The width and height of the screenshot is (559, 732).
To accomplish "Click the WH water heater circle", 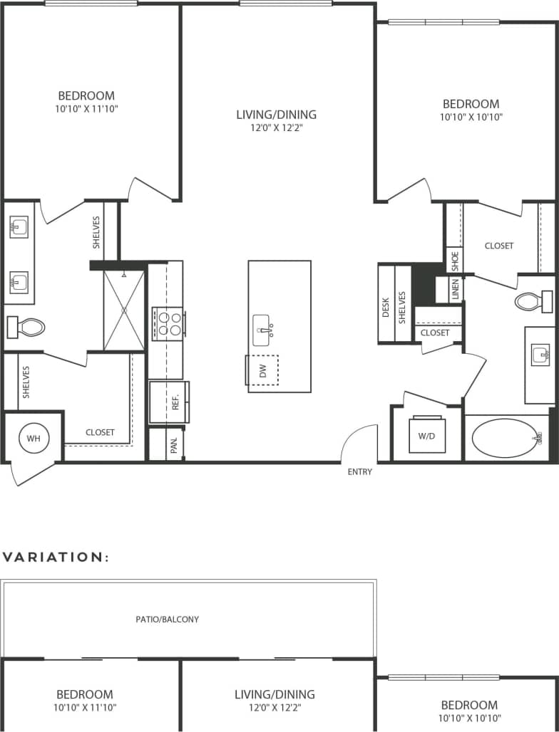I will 34,439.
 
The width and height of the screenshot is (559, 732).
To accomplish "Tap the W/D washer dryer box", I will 427,434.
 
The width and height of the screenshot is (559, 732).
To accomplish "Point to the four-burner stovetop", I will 168,323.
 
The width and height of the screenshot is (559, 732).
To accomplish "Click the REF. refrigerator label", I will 174,402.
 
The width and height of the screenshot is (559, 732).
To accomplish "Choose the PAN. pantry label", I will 173,445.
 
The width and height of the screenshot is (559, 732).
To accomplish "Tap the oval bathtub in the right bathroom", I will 507,438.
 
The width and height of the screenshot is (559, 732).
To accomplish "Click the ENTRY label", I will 359,471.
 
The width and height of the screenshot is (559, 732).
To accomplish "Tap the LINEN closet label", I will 456,289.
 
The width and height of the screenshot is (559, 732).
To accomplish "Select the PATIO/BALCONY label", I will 168,619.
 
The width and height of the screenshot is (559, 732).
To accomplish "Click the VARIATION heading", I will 56,557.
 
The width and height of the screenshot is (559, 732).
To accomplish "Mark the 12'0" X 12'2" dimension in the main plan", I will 276,129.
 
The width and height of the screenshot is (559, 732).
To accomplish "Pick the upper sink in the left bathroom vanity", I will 19,228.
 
